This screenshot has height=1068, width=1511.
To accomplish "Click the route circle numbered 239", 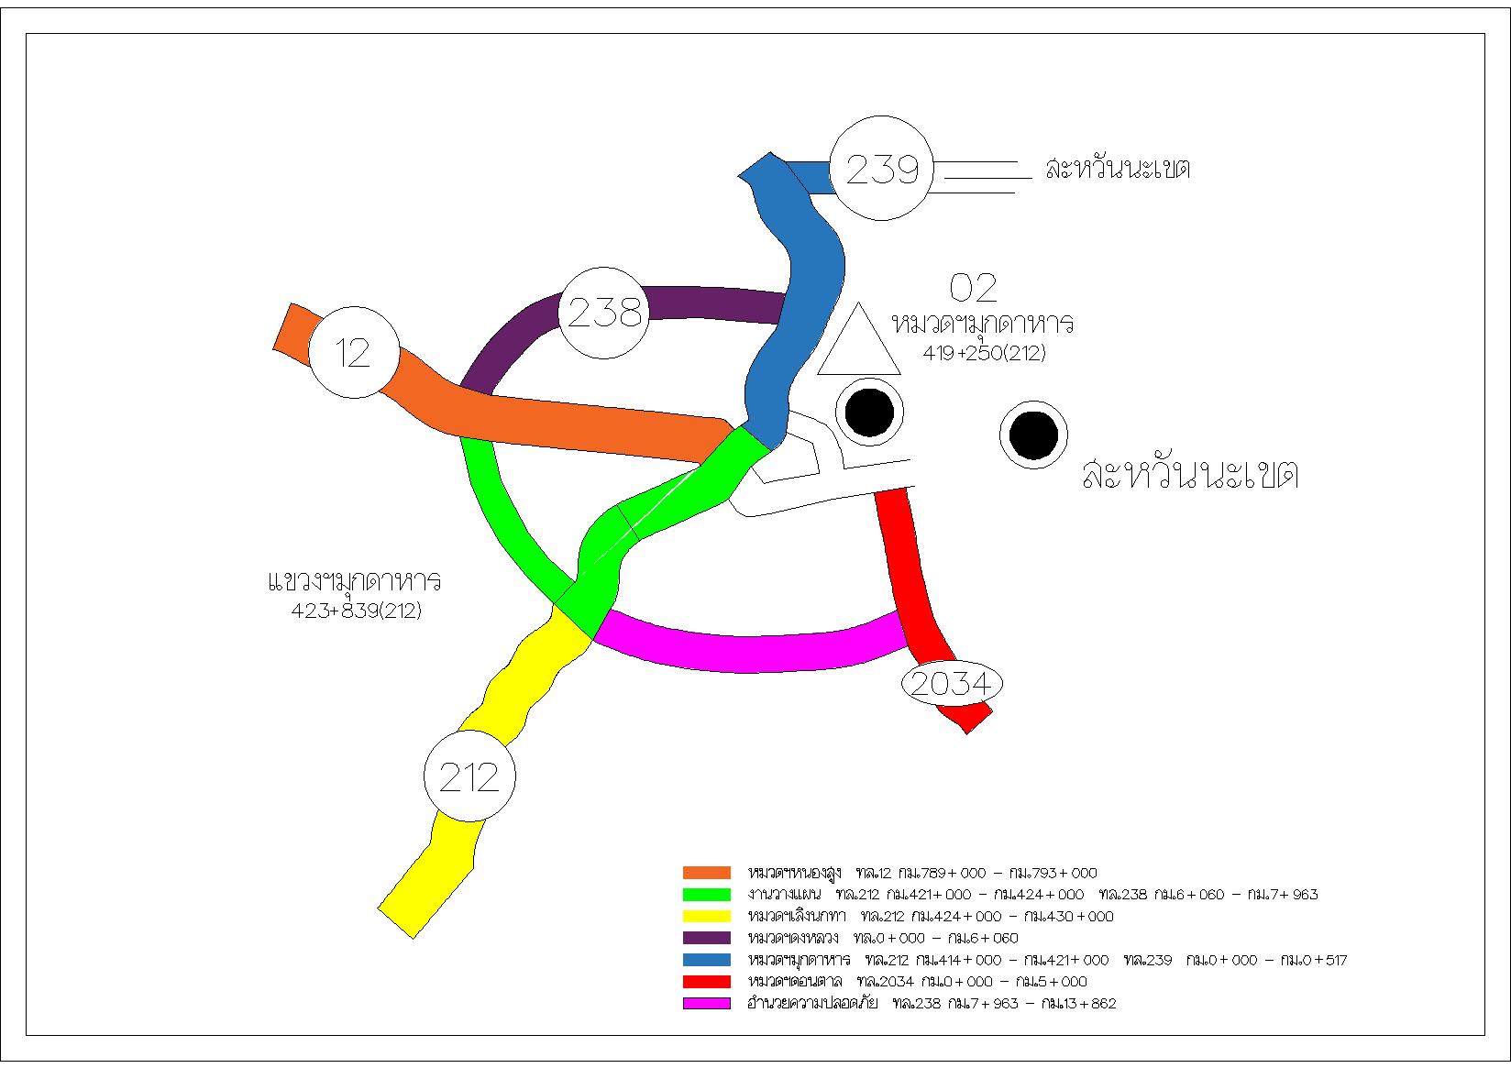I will (x=881, y=168).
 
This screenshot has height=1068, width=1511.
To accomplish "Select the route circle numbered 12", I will (x=354, y=352).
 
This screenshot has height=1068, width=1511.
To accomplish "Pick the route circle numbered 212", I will (x=469, y=776).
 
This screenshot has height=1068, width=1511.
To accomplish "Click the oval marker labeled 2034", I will (x=953, y=684).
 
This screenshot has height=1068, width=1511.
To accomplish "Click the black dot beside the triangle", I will (x=868, y=413).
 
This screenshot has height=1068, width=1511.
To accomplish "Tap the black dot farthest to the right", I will (x=1033, y=435).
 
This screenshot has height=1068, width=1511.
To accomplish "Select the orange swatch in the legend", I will (x=706, y=873).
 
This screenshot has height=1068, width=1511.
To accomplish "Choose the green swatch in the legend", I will (x=706, y=895).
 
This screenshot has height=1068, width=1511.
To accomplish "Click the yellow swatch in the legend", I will (x=706, y=916).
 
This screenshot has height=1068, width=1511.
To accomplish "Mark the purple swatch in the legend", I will (x=706, y=938).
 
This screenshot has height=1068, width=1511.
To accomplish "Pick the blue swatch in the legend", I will (x=706, y=960).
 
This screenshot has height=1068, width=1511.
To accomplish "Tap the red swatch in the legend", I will (x=706, y=981).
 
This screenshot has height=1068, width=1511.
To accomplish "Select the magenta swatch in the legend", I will (x=706, y=1003).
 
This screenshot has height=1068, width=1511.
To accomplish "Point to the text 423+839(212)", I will (x=356, y=611).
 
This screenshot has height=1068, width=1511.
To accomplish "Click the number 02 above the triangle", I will (x=973, y=288).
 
